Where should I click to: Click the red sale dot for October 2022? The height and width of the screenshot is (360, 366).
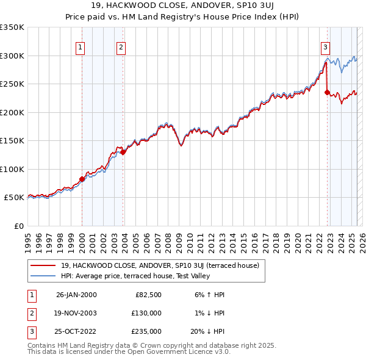[327, 93]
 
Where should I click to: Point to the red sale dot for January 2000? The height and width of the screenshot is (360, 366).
[82, 179]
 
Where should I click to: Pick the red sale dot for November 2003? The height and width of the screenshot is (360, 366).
[123, 152]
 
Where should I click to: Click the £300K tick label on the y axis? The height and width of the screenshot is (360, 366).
[12, 56]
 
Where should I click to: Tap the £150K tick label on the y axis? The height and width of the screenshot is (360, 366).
[12, 141]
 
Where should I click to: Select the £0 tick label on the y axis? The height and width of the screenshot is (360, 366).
[18, 226]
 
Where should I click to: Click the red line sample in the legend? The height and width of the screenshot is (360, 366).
[43, 265]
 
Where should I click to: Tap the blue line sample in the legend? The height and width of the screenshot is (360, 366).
[43, 276]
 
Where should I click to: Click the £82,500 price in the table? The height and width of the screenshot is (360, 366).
[148, 295]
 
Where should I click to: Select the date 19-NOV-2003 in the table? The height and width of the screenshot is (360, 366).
[76, 313]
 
